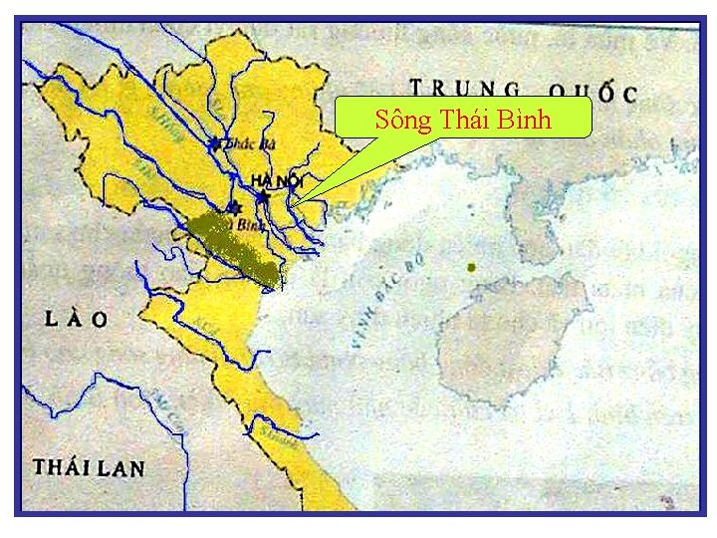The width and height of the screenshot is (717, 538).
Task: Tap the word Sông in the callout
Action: [x=402, y=121]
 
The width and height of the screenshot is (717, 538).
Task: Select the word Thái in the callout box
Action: [x=463, y=121]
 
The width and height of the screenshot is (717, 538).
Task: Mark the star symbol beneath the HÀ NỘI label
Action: [x=262, y=198]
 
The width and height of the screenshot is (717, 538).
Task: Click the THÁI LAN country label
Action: [x=89, y=467]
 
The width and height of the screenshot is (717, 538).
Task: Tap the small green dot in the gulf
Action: [x=472, y=268]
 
